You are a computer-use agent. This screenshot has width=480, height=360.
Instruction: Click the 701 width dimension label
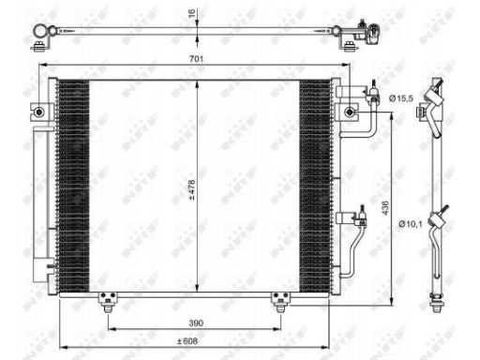click(x=196, y=59)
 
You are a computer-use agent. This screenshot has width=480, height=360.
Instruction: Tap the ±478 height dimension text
click(x=191, y=189)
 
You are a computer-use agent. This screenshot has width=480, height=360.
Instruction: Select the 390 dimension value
click(x=196, y=322)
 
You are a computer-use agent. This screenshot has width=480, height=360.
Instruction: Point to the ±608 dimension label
click(x=187, y=341)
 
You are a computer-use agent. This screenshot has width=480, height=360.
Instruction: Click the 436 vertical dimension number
click(x=385, y=208)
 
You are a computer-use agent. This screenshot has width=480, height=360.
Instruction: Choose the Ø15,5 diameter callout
click(x=401, y=98)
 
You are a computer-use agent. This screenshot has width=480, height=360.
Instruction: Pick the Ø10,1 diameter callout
click(x=411, y=224)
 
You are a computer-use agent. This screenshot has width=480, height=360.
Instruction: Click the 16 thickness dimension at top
click(x=192, y=13)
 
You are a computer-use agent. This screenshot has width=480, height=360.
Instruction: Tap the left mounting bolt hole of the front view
click(x=39, y=112)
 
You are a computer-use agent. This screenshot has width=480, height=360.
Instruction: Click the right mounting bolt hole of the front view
click(x=350, y=112)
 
